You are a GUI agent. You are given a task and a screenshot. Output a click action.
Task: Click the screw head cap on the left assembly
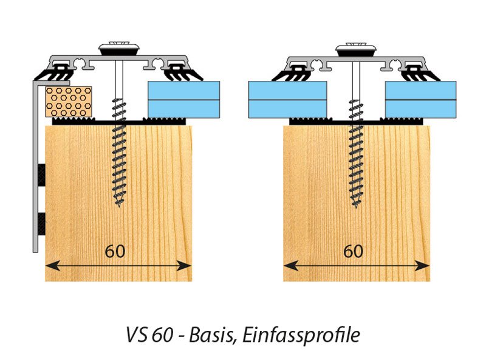(118, 49)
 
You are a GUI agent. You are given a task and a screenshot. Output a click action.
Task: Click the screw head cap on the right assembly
(356, 50)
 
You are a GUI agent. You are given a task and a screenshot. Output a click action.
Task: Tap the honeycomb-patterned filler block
(69, 102)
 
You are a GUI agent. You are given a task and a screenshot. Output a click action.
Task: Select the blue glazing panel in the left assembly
(184, 100)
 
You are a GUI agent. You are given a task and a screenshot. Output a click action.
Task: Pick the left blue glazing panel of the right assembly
(287, 100)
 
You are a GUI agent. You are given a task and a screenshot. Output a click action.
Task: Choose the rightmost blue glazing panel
(420, 100)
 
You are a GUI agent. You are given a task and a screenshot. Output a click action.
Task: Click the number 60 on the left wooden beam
(115, 251)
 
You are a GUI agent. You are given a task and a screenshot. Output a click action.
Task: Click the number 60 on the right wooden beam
(353, 251)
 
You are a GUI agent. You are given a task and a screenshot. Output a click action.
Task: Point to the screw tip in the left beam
(118, 206)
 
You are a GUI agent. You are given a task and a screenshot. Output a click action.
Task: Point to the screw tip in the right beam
(356, 207)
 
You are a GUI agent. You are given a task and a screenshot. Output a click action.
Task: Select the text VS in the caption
(136, 335)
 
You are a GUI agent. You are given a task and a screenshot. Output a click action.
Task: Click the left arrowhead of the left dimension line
(53, 266)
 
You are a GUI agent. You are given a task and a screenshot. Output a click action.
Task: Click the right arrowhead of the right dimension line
(422, 266)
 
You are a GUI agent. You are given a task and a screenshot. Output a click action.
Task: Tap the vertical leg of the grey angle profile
(35, 168)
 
